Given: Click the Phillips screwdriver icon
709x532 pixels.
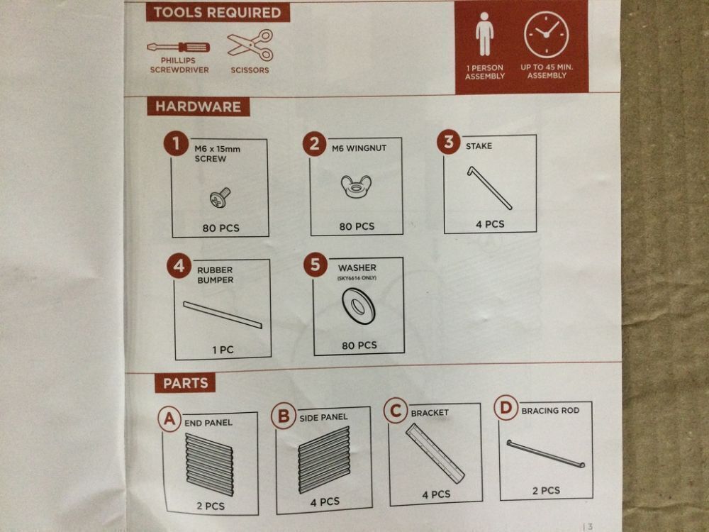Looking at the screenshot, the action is tap(179, 47).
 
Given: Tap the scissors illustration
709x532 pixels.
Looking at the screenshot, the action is tap(250, 45).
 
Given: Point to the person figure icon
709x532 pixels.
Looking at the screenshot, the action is tap(484, 34).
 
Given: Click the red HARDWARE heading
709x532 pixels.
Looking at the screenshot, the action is tap(198, 107).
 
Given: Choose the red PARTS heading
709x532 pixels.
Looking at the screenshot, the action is tap(185, 383).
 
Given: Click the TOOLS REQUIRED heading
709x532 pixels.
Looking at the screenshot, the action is tap(218, 12).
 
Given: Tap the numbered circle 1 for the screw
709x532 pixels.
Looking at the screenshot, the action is tap(176, 144).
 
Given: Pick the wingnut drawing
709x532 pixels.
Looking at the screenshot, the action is tap(356, 186).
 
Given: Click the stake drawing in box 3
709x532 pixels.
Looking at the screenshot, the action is tap(489, 188).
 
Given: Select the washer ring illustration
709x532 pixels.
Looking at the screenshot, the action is tap(358, 306).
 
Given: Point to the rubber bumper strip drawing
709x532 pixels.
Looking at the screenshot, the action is tap(223, 314).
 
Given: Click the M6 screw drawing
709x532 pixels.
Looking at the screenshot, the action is tap(220, 198).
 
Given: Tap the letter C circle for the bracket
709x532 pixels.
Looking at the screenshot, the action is tap(396, 411).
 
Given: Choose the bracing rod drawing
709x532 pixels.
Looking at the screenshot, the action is tap(546, 453).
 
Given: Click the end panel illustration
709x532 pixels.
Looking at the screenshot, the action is tap(209, 464).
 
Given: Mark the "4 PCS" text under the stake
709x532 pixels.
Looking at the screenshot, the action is tap(490, 224).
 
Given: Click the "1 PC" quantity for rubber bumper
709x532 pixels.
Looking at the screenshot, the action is tap(223, 350).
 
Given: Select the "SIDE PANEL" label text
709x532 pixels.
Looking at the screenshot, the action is tap(323, 417).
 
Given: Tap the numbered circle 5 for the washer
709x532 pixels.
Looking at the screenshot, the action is tap(316, 265).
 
